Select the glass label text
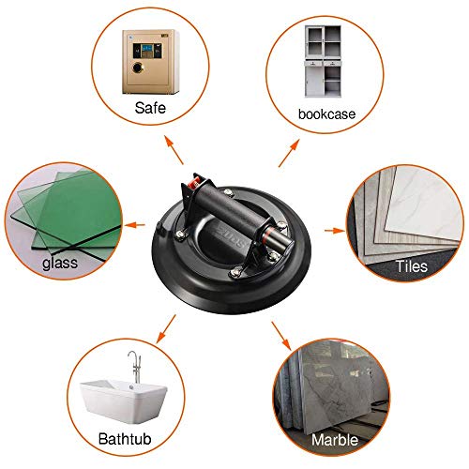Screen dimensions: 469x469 click(59, 264)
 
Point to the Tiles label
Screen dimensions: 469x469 click(410, 266)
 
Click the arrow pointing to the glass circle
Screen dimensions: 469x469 click(135, 225)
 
